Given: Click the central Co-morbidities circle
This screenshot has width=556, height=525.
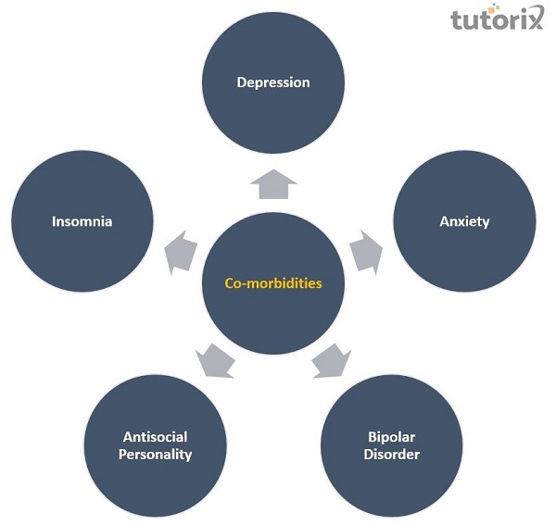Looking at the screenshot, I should point(273,284).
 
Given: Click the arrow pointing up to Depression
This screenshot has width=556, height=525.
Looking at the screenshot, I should point(273,185).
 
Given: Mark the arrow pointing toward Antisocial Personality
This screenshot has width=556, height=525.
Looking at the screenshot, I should point(217,361).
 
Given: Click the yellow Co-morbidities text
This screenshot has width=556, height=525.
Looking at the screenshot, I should point(273,284).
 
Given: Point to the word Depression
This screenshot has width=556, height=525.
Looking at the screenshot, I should point(273,82).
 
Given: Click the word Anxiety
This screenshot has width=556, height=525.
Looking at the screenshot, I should point(464,222).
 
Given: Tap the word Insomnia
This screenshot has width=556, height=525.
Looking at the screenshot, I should point(82,222).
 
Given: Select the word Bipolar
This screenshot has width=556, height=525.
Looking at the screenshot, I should point(392,437).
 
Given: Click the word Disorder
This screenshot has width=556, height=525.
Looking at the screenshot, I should point(392,455).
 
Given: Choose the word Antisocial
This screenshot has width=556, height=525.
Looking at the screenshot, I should point(156,437).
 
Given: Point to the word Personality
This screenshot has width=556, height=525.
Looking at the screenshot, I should point(156,455).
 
